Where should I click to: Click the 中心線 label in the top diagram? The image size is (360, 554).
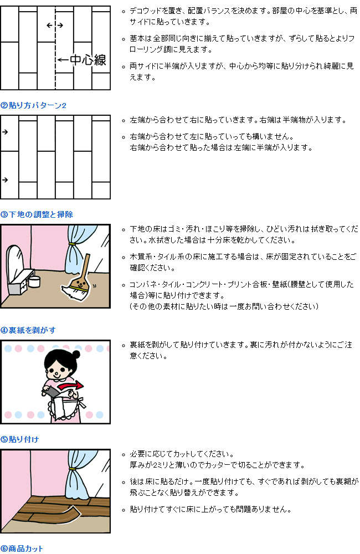pos(88,60)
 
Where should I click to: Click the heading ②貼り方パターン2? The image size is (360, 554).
pos(33,105)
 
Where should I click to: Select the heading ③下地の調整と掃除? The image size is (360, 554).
pos(37,214)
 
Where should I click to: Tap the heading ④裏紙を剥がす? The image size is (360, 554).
pos(28,330)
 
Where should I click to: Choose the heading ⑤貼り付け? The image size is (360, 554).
pos(20,439)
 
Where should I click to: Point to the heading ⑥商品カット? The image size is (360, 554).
pos(22,548)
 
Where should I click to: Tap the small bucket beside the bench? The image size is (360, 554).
pos(34,281)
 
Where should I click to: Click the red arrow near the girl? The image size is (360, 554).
pos(71,385)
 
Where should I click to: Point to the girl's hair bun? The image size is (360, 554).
pos(76,354)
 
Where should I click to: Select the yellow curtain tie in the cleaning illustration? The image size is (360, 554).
pos(73,244)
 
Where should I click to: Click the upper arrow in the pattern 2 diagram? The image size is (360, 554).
pos(5,132)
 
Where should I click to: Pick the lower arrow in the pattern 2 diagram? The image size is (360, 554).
pos(5,180)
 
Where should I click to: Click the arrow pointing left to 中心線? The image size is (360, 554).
pos(63,60)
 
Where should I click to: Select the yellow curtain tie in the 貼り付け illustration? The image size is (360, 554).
pos(73,469)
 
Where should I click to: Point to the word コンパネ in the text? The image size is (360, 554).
pos(141,284)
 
